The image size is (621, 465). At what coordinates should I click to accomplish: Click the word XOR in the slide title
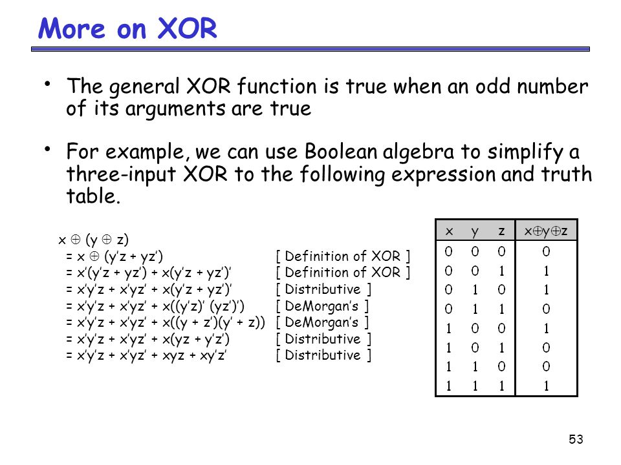click(188, 28)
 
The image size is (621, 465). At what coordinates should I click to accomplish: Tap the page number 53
click(576, 439)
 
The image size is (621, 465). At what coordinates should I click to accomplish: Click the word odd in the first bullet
click(493, 86)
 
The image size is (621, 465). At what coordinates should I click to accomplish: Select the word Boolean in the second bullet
click(341, 151)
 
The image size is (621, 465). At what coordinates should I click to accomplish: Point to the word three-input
click(121, 174)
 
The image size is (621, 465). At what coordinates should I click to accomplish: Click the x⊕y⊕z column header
click(546, 231)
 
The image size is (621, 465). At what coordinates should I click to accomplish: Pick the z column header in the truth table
click(501, 231)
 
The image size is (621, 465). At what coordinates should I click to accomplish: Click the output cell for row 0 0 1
click(546, 271)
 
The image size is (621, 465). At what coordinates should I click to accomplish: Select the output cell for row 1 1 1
click(546, 386)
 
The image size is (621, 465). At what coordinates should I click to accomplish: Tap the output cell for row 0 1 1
click(546, 309)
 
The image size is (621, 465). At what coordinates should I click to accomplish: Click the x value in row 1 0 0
click(449, 328)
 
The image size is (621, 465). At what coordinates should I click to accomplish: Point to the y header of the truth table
click(475, 232)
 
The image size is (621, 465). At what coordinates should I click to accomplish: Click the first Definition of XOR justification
click(343, 256)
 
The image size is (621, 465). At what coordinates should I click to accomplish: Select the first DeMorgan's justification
click(322, 305)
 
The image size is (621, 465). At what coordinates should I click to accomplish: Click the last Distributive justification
click(323, 355)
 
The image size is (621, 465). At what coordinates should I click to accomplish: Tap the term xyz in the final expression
click(173, 356)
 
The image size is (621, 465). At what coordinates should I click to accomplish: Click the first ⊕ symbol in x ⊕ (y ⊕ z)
click(75, 239)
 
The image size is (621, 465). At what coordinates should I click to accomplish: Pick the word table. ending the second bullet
click(93, 196)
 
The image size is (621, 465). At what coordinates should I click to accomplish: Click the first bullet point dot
click(47, 84)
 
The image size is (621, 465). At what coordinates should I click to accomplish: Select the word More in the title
click(72, 28)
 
